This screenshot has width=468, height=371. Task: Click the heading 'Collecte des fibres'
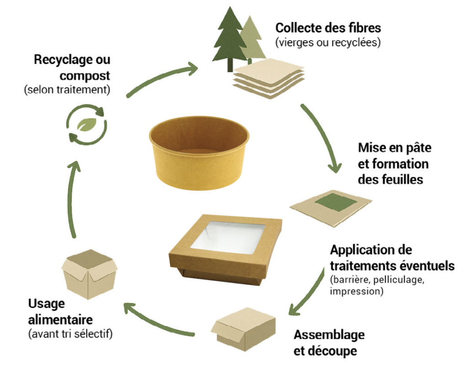point(328,28)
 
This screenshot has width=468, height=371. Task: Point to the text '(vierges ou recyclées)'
point(328,42)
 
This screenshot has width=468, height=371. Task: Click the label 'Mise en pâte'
point(394,148)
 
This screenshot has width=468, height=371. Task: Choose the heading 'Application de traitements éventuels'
point(392,258)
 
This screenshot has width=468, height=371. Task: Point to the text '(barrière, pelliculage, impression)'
point(377,286)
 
